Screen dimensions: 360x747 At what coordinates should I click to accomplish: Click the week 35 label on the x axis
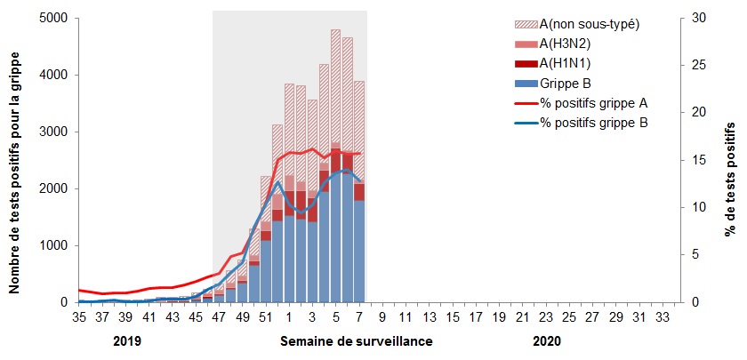78,317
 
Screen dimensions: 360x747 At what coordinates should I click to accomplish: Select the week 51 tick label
265,317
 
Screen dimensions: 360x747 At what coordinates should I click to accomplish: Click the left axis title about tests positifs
15,160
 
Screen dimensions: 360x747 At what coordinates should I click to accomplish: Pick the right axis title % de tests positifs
731,160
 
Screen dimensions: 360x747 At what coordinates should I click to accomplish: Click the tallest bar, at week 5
335,169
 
